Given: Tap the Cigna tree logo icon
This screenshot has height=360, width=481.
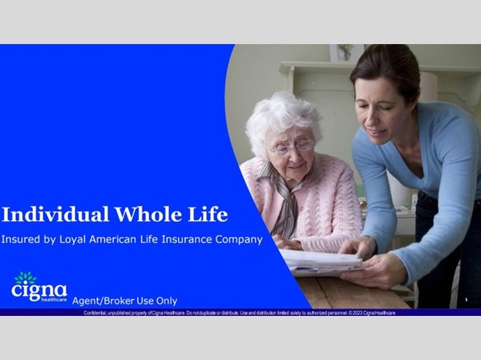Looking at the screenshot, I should tap(26, 277).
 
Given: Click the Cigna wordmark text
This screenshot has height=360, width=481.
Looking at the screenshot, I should tap(38, 290).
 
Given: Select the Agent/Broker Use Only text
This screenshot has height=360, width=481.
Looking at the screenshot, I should tap(124, 301).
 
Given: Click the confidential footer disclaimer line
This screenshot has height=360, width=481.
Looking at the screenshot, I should tap(240, 313).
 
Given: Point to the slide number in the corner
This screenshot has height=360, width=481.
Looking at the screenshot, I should tap(466, 300).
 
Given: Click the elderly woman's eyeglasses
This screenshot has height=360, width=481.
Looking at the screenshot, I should tap(292, 147).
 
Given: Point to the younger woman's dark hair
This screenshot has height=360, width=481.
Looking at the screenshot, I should tap(385, 60).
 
